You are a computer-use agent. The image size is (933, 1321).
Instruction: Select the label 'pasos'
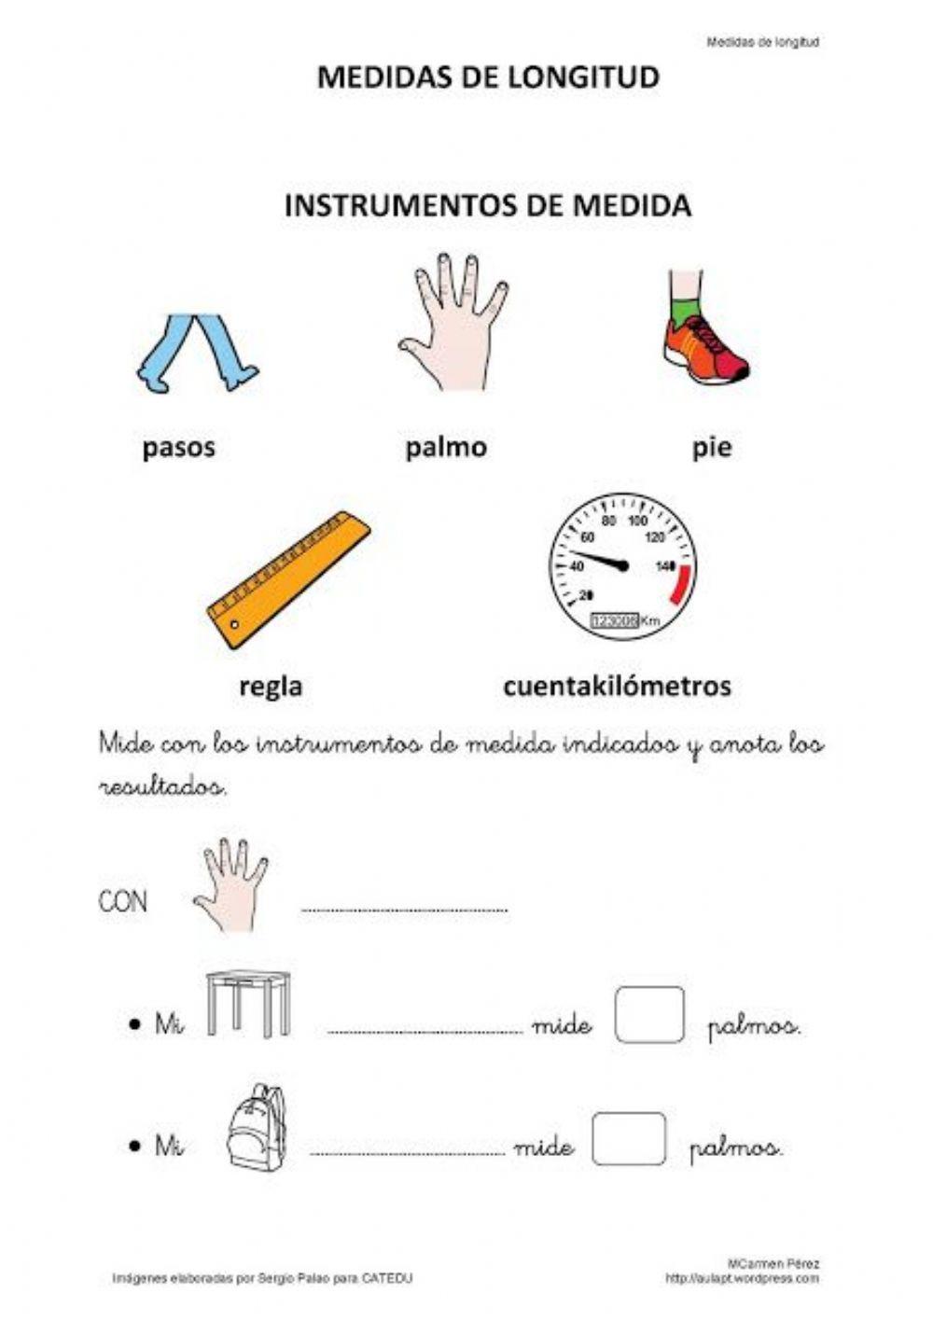[x=178, y=447]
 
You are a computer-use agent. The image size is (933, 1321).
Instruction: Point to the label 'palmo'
[x=446, y=447]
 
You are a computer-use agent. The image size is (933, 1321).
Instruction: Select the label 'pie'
[x=712, y=447]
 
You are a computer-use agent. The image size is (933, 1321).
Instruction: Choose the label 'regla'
[x=271, y=687]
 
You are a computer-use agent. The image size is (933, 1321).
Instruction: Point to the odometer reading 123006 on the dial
[x=614, y=620]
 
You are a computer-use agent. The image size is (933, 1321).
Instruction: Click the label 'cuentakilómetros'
[x=617, y=687]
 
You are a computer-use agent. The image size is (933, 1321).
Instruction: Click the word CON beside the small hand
[x=123, y=901]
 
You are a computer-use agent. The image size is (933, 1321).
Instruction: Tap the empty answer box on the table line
[x=649, y=1015]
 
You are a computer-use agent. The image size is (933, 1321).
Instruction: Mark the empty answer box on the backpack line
[x=629, y=1138]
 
